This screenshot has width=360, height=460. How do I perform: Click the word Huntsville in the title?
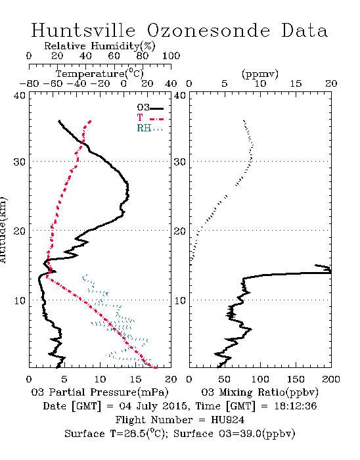(x=83, y=30)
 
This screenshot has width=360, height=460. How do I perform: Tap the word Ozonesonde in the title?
(x=208, y=30)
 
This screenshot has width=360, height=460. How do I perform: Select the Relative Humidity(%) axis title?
(x=100, y=46)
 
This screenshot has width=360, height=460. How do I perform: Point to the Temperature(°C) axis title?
(x=100, y=74)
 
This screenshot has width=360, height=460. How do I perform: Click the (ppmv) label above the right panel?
(x=260, y=74)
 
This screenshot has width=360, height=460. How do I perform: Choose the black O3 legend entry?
(x=150, y=108)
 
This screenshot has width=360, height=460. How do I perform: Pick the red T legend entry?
(x=150, y=118)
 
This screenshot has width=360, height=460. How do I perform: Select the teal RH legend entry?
(x=150, y=128)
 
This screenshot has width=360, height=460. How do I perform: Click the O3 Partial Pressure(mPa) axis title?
(x=100, y=392)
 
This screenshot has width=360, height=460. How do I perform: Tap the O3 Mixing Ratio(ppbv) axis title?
(x=260, y=392)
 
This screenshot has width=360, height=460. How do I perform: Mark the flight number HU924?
(x=228, y=420)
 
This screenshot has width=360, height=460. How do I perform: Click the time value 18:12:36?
(x=295, y=406)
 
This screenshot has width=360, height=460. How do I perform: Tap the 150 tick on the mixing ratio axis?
(x=296, y=379)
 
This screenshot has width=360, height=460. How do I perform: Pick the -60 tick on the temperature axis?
(x=53, y=84)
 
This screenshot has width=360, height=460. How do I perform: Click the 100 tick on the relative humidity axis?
(x=171, y=56)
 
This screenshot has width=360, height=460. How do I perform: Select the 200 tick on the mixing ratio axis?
(x=331, y=379)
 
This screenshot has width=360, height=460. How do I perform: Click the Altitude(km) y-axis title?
(x=3, y=230)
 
